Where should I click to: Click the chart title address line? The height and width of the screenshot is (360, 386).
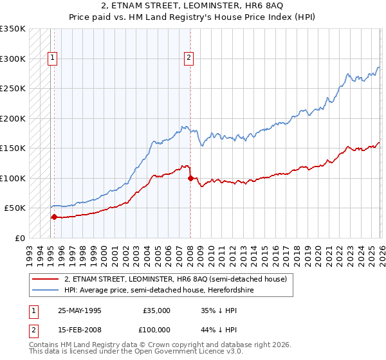click(x=192, y=6)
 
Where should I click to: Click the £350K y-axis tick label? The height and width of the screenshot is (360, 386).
click(x=13, y=29)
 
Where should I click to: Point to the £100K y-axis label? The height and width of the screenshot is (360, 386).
click(x=13, y=178)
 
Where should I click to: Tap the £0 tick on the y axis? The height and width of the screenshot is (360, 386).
click(x=21, y=238)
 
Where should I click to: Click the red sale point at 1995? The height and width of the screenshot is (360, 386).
click(x=54, y=217)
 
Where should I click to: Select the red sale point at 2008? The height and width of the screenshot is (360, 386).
click(x=190, y=178)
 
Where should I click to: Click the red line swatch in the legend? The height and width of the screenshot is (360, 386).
click(x=46, y=279)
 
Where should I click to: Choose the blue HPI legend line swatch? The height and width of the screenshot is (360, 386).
click(x=46, y=290)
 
